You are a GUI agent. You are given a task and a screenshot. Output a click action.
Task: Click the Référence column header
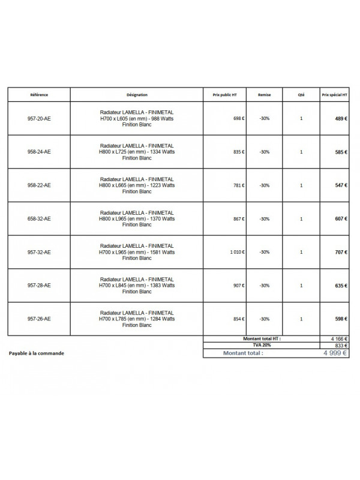[x=39, y=95]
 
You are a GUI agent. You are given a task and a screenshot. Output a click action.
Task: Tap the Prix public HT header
[x=224, y=95]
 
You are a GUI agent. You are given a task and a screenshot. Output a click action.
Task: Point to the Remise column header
[x=264, y=95]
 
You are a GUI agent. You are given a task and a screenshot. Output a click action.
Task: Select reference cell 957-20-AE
[x=39, y=119]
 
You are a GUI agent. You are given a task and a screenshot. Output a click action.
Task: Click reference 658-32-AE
[x=39, y=219]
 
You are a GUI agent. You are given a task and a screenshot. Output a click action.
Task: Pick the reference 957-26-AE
[x=39, y=319]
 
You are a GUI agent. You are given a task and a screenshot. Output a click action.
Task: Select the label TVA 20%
[x=262, y=346]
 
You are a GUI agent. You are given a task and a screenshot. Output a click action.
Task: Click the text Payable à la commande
[x=37, y=353]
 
